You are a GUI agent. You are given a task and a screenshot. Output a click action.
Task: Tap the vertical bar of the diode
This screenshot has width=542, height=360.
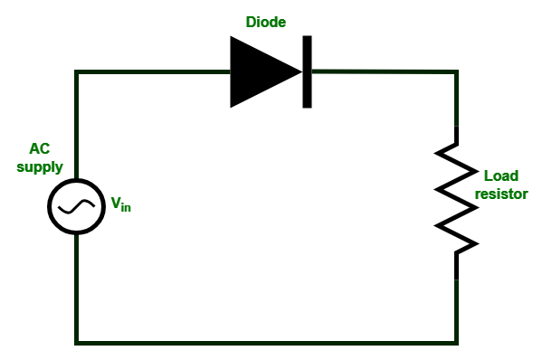307,71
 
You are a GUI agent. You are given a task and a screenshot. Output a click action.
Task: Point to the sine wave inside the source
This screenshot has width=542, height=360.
76,206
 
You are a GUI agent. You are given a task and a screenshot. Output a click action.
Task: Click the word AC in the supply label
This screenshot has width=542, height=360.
41,148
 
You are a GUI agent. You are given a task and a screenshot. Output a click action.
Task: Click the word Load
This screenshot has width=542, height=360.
501,175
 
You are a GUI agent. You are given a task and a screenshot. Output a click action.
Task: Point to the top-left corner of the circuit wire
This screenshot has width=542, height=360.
77,72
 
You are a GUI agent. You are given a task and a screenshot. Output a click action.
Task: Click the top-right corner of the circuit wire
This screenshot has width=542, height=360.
456,72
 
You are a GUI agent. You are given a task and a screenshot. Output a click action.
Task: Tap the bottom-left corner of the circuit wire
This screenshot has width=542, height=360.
77,343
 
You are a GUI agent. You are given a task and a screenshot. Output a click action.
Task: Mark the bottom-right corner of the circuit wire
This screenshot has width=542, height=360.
456,343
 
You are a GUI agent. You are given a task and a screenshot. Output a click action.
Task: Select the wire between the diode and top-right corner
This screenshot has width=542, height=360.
385,71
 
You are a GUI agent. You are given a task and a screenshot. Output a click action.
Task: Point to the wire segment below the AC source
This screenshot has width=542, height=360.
77,289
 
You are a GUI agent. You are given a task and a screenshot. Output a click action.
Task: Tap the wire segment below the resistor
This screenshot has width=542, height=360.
456,308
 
